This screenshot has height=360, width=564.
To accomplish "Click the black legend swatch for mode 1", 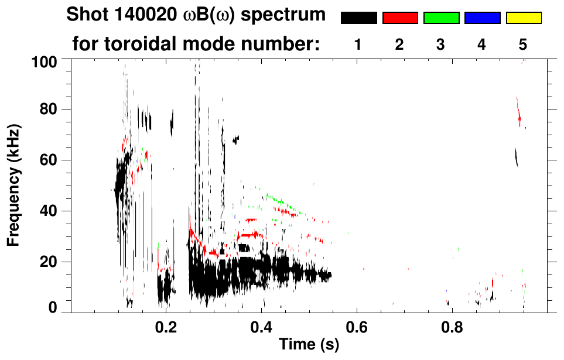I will pos(359,18).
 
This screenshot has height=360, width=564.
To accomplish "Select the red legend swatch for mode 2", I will pos(400,18).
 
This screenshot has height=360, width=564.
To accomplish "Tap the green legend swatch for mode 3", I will pos(441,18).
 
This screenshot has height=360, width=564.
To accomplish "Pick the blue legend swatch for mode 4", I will pos(482,18).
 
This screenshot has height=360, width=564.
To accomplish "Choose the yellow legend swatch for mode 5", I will pos(523,18).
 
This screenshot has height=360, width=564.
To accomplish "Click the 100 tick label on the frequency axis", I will pos(45,61).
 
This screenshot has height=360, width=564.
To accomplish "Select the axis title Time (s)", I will pos(309,345).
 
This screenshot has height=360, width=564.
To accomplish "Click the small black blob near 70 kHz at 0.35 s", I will pos(235,139).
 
